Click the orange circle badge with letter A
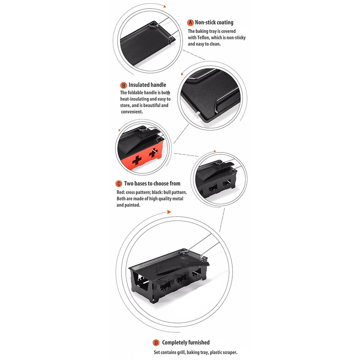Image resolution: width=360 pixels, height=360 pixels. pyautogui.click(x=190, y=23)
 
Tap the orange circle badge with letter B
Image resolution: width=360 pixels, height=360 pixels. pyautogui.click(x=123, y=85)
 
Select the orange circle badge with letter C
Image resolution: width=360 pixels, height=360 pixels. pyautogui.click(x=119, y=184)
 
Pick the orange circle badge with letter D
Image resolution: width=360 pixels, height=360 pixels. pyautogui.click(x=156, y=343)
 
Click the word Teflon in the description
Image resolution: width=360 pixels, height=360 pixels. pyautogui.click(x=203, y=38)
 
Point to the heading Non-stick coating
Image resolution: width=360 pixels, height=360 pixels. pyautogui.click(x=214, y=23)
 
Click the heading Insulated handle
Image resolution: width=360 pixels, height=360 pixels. pyautogui.click(x=147, y=85)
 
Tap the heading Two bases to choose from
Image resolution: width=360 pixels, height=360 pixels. pyautogui.click(x=152, y=183)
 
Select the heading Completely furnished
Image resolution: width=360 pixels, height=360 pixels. pyautogui.click(x=186, y=342)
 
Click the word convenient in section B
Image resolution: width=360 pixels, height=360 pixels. pyautogui.click(x=132, y=112)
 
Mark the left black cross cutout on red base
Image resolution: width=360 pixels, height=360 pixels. pyautogui.click(x=137, y=160)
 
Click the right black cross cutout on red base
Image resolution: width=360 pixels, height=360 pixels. pyautogui.click(x=153, y=153)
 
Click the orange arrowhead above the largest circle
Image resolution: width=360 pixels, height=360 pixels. pyautogui.click(x=169, y=212)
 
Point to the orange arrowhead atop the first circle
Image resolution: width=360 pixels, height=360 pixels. pyautogui.click(x=165, y=6)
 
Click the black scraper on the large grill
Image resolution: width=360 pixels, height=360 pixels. pyautogui.click(x=183, y=268)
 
